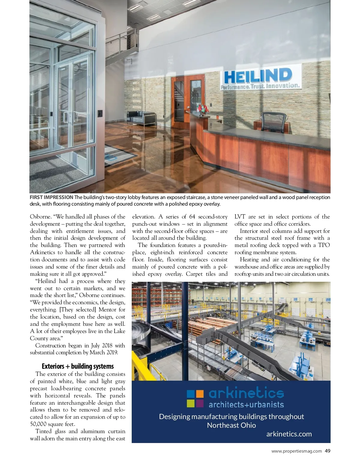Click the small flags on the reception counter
(x=202, y=109)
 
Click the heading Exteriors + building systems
(x=78, y=366)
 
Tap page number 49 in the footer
(x=328, y=451)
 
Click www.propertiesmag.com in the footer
(x=296, y=451)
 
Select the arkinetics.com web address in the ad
(x=289, y=434)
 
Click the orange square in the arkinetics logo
(x=199, y=394)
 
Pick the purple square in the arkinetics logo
(x=199, y=403)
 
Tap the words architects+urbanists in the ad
(x=246, y=405)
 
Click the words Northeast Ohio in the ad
(x=231, y=425)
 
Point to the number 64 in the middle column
(x=192, y=217)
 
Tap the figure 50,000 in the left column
(x=38, y=424)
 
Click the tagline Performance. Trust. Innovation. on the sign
(x=260, y=86)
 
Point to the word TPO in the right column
(x=324, y=245)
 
